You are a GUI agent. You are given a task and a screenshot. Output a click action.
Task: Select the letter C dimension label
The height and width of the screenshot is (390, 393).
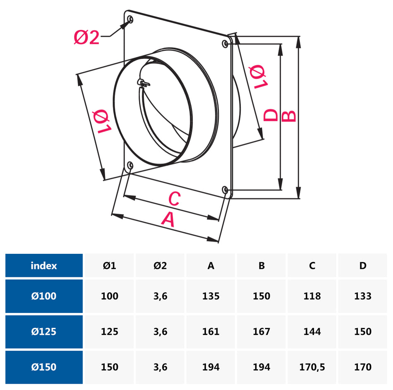click(x=174, y=199)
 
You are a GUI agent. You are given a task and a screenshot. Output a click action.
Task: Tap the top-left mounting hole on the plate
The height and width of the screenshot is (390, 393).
click(x=130, y=19)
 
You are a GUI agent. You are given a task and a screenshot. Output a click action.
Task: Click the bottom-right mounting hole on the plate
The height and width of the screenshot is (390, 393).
click(x=225, y=190)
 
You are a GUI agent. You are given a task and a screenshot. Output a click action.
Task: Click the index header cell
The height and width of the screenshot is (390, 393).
click(x=44, y=266)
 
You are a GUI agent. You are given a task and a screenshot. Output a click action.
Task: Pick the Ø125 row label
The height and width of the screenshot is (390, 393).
click(x=44, y=332)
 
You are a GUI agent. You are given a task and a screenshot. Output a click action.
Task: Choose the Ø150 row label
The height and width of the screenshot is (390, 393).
click(x=44, y=367)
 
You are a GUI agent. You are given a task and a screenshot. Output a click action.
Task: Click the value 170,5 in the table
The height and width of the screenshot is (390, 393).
click(x=312, y=367)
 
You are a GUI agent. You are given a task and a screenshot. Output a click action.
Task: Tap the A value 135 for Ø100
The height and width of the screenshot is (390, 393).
click(x=211, y=296)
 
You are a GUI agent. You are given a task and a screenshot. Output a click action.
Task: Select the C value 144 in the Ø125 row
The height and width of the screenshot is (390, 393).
click(x=312, y=332)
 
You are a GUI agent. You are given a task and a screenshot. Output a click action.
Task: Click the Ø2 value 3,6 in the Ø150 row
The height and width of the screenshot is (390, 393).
click(x=160, y=367)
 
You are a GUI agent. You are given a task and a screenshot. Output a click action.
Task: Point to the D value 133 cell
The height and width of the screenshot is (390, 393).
click(x=363, y=296)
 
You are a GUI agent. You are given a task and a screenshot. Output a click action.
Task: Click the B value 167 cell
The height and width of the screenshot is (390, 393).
click(x=261, y=332)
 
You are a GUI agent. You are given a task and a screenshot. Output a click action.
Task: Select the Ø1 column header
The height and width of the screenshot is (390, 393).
click(x=110, y=266)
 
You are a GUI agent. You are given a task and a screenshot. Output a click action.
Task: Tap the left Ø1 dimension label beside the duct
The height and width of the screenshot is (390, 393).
click(x=101, y=122)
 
